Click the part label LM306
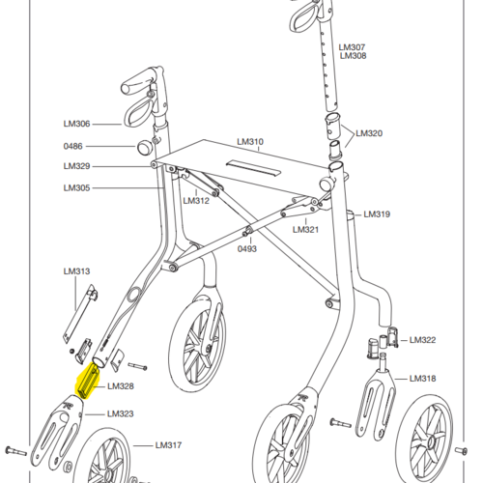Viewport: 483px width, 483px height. [x=76, y=124]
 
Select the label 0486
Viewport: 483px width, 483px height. [x=73, y=146]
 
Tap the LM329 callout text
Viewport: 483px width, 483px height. [x=76, y=166]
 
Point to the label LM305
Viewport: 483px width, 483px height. [x=76, y=187]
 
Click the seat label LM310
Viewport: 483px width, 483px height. [x=250, y=142]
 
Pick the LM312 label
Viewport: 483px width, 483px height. [x=196, y=201]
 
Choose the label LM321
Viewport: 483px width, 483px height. [x=305, y=230]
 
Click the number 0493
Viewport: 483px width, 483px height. [x=247, y=249]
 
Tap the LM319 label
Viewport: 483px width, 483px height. [x=377, y=214]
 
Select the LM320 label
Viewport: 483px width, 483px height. [x=369, y=133]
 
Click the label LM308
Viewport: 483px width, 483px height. [x=354, y=56]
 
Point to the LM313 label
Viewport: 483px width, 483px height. [x=76, y=271]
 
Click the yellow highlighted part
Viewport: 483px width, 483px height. [x=87, y=381]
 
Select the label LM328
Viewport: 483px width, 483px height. [x=121, y=386]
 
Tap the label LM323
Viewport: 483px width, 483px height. [x=121, y=413]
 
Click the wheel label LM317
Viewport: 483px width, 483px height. [x=168, y=445]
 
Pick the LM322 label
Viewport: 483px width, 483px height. [x=422, y=340]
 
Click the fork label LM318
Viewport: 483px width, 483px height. [x=422, y=379]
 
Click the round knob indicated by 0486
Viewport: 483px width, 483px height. [x=144, y=147]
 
